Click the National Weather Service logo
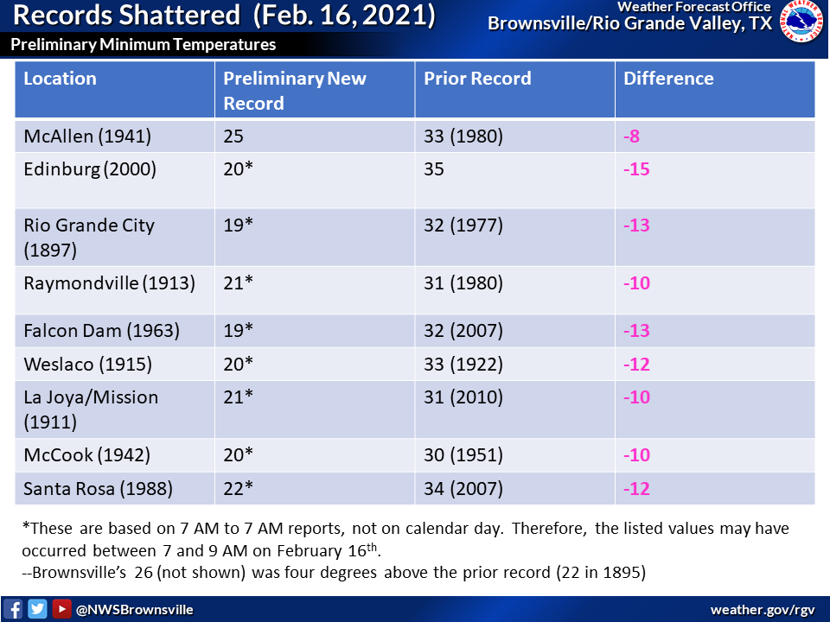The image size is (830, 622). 801,22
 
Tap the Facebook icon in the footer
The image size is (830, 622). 13,609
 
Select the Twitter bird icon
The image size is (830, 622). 37,609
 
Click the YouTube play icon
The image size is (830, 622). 61,609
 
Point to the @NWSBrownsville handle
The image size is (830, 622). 135,610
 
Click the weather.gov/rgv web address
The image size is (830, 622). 763,610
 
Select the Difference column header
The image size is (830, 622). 668,79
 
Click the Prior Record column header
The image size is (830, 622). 477,79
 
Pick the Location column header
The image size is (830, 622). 60,79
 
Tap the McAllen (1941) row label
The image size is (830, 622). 87,136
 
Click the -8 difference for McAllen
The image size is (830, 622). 631,136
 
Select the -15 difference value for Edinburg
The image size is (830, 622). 636,169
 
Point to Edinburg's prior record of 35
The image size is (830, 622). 433,169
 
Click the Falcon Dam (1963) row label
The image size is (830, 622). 102,331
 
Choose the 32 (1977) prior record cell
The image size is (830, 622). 463,225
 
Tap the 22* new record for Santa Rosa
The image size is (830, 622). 239,488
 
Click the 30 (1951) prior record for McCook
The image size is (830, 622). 463,455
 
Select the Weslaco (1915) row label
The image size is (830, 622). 88,365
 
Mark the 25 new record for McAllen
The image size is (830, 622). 233,136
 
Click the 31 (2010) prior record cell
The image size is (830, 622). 463,397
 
